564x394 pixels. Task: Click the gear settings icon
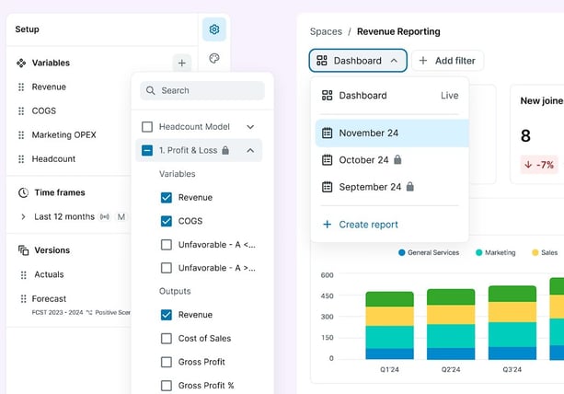click(213, 29)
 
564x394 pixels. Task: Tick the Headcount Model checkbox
click(147, 126)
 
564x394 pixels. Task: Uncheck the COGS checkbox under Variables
click(167, 221)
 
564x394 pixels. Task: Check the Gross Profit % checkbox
click(167, 386)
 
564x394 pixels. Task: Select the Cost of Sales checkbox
click(167, 338)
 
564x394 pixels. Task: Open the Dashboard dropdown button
click(357, 61)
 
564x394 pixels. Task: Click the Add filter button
click(447, 61)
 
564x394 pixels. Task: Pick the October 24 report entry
click(363, 159)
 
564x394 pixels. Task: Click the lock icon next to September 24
click(410, 186)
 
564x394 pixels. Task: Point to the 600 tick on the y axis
click(327, 275)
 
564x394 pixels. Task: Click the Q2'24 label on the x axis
click(451, 368)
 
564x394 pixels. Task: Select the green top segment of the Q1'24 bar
click(389, 299)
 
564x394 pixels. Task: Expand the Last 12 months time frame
click(24, 216)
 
